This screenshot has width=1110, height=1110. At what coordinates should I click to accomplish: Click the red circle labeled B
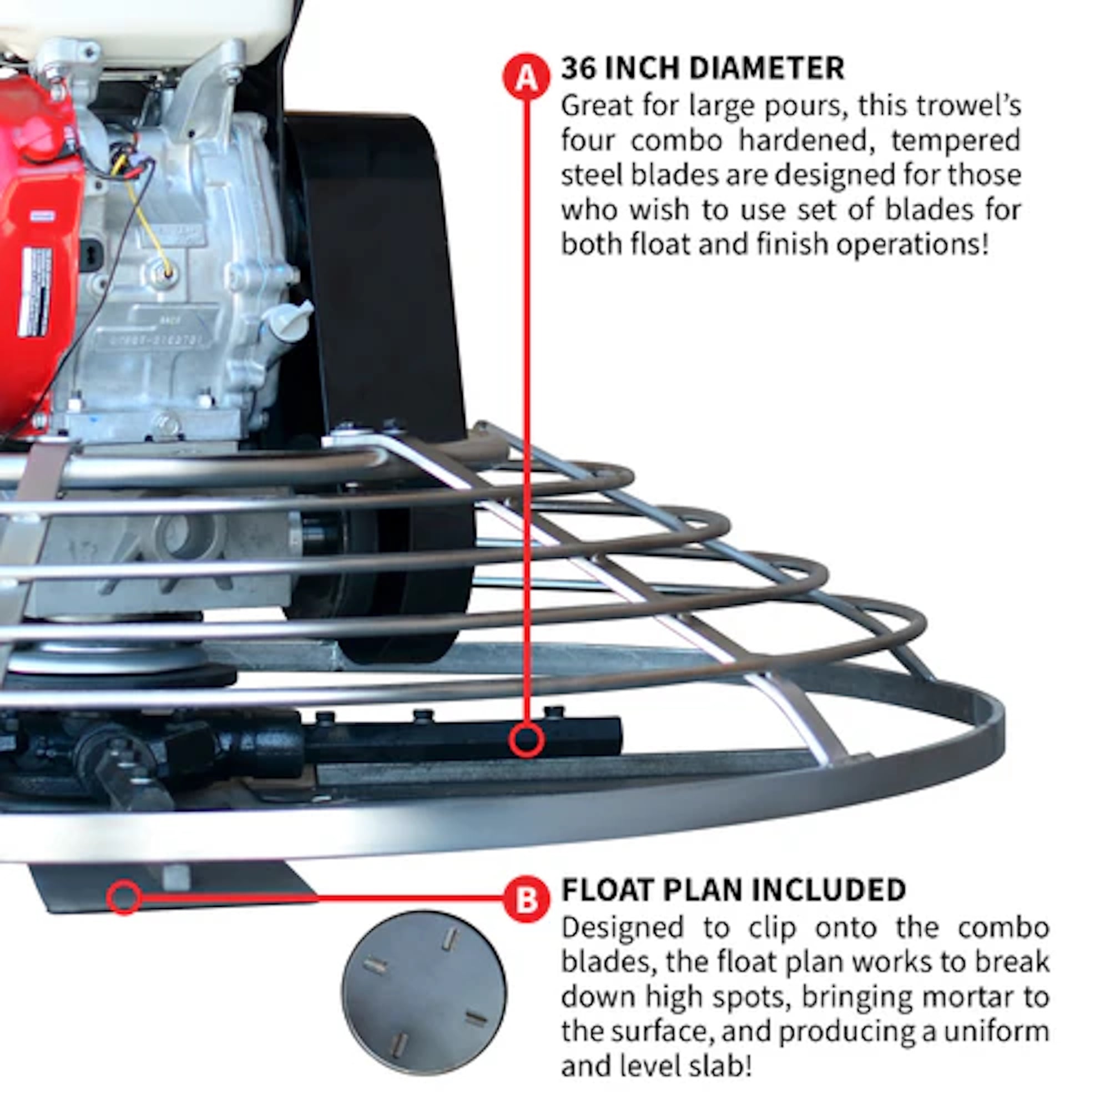526,899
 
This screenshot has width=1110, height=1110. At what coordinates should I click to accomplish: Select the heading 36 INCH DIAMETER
702,68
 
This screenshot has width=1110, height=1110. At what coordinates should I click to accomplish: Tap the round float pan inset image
424,994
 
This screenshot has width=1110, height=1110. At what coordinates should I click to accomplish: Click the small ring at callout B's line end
124,897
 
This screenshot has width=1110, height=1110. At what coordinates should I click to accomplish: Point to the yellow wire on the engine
144,218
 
